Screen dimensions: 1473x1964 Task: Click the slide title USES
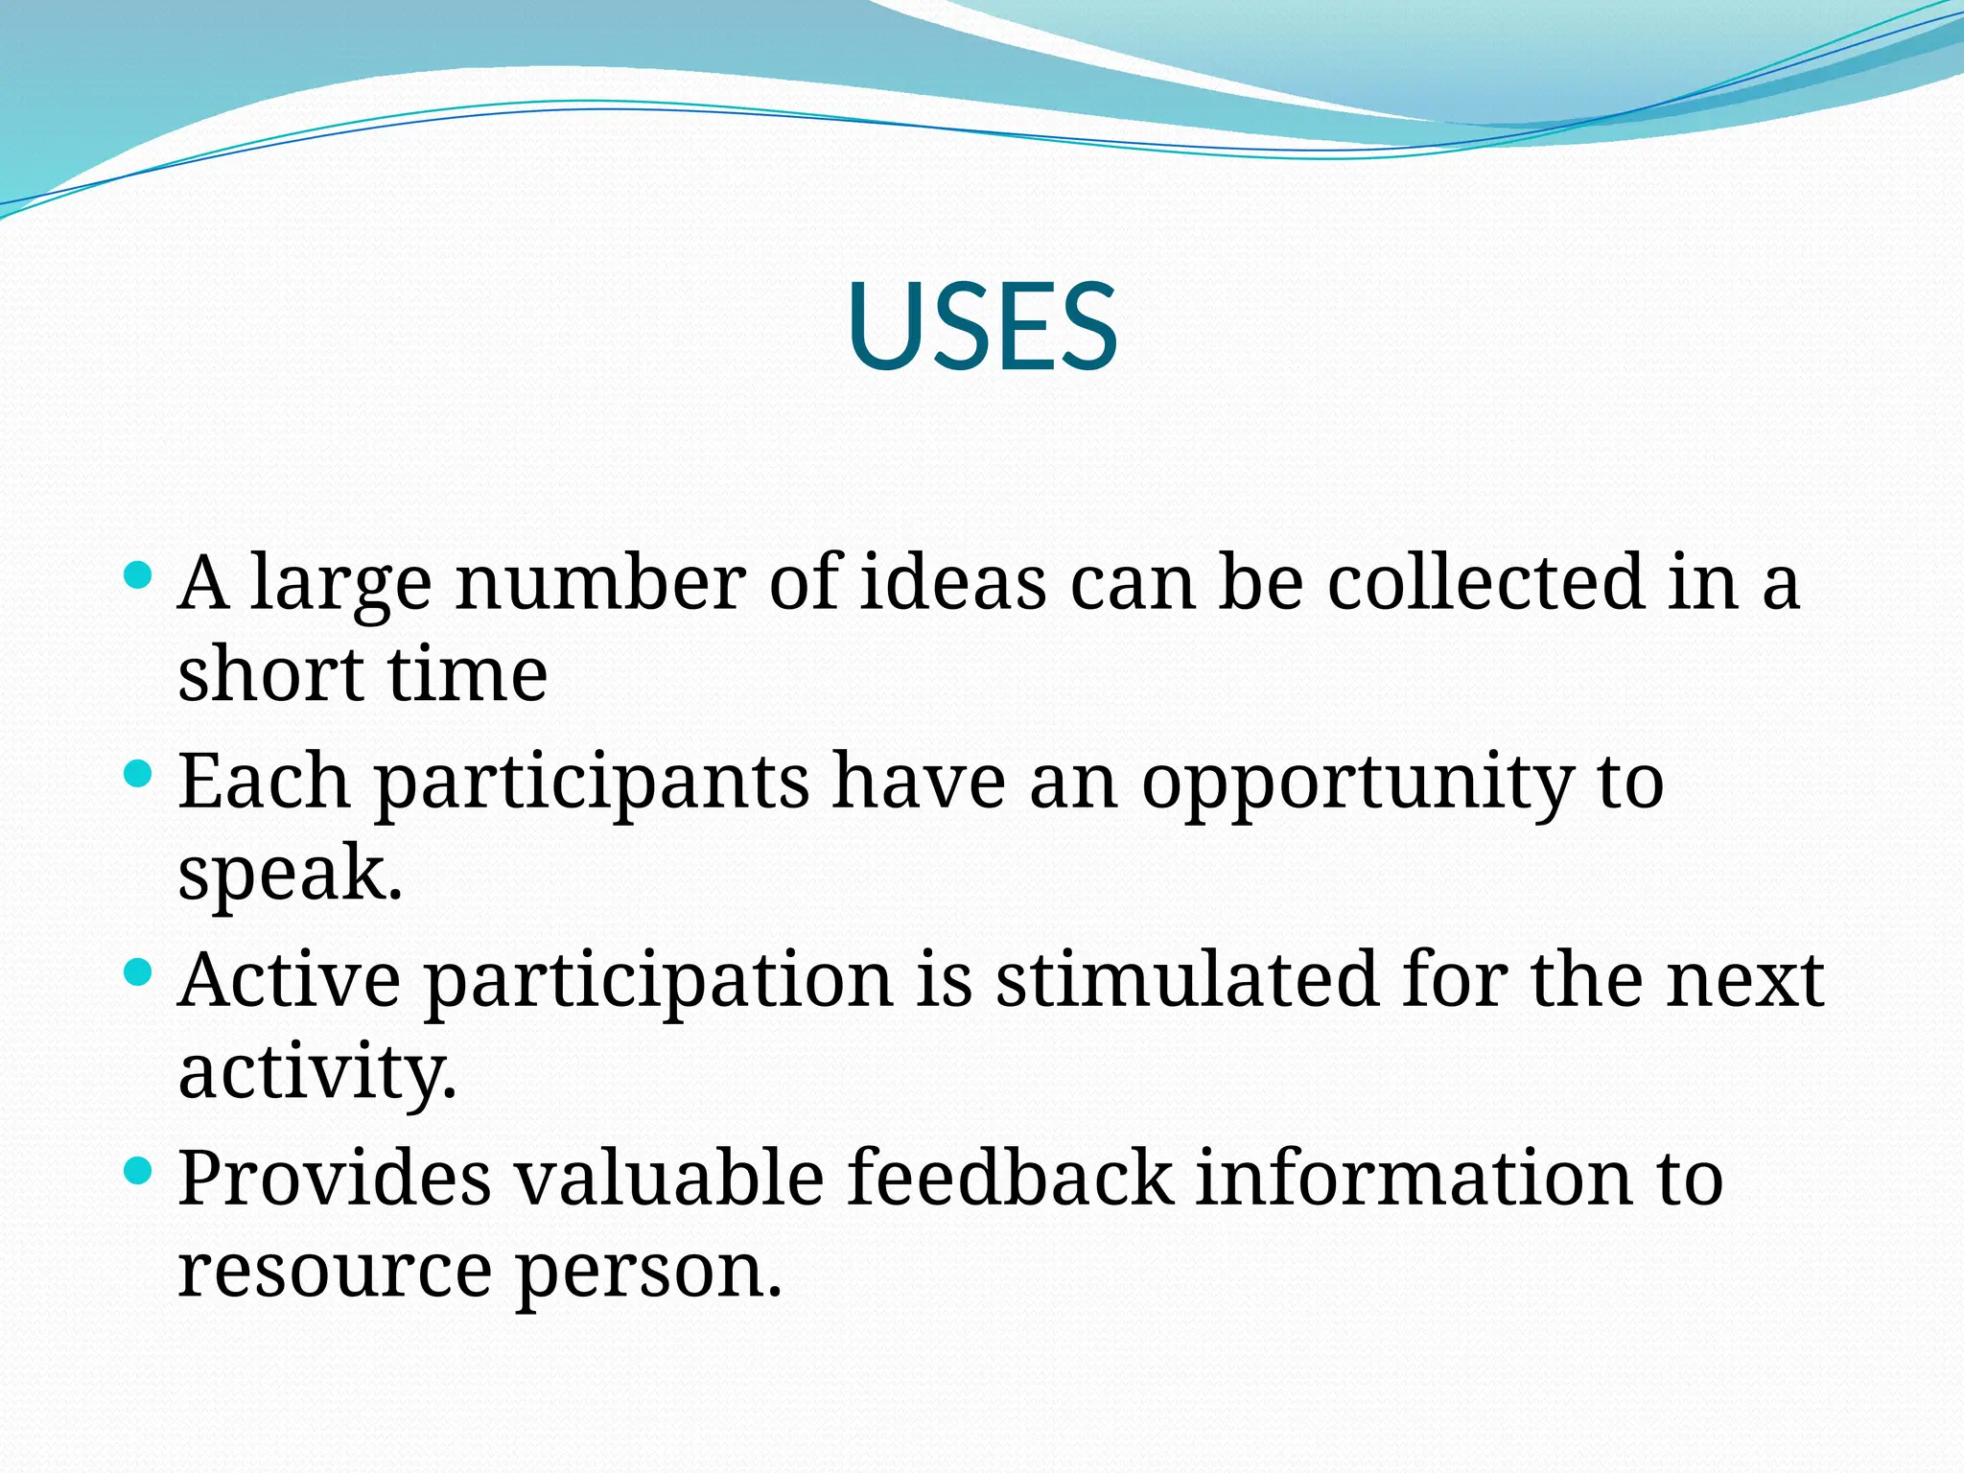(x=982, y=326)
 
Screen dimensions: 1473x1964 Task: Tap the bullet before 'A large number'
(x=139, y=575)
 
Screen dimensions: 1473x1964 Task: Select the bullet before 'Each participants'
(x=139, y=773)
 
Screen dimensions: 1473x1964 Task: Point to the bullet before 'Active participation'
(x=139, y=972)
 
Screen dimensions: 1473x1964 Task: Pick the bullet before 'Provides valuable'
(x=139, y=1170)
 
